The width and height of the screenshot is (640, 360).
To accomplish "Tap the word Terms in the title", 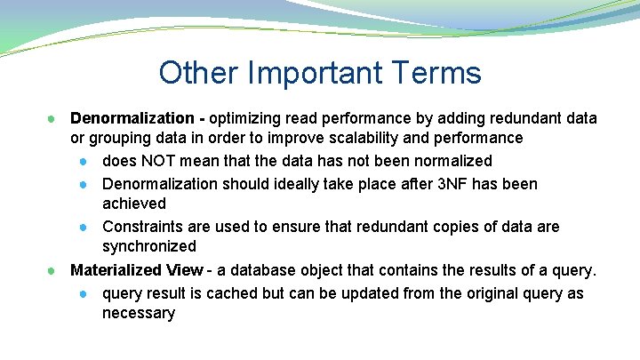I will (x=441, y=73).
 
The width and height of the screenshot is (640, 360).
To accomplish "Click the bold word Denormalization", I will (x=132, y=118).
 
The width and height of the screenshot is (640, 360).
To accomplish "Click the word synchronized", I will (x=148, y=246).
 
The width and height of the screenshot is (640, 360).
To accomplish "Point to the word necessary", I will (x=139, y=313).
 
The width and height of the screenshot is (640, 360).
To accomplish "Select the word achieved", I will (x=134, y=204).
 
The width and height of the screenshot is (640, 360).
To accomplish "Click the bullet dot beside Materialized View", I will (x=53, y=270).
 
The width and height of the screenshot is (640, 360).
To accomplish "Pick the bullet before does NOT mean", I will (x=83, y=161).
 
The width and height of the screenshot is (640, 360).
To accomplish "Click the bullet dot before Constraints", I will (x=83, y=227).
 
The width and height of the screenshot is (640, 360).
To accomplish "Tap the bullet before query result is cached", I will (x=83, y=293).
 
